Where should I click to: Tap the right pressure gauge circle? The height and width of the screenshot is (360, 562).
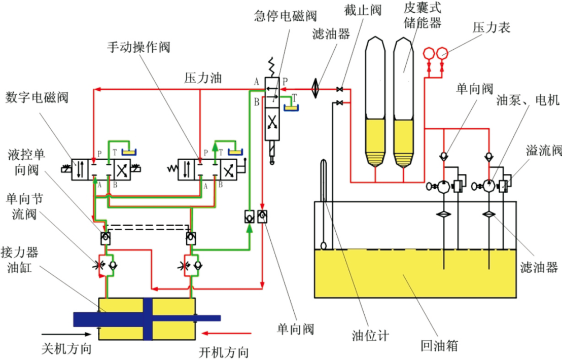pos(442,53)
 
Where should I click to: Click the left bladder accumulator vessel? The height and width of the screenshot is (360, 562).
pos(375,101)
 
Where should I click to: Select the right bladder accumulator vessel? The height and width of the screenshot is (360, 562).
pos(404,101)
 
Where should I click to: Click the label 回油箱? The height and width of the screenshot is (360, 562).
pos(439,346)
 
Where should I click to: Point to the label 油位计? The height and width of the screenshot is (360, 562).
pos(370,335)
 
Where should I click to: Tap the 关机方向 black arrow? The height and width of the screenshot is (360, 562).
pos(66,334)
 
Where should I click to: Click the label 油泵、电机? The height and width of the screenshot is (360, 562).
pos(527,101)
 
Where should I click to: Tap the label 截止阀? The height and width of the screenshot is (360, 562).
pos(365,10)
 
